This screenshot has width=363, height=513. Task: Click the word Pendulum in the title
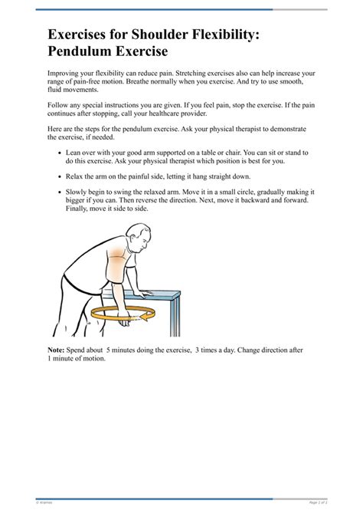pos(80,53)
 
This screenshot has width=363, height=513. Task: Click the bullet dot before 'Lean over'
pos(60,153)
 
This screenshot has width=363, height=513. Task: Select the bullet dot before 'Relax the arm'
pos(60,176)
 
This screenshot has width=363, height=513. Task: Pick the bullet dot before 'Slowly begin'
pos(60,191)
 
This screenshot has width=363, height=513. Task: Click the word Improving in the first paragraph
pos(67,71)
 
